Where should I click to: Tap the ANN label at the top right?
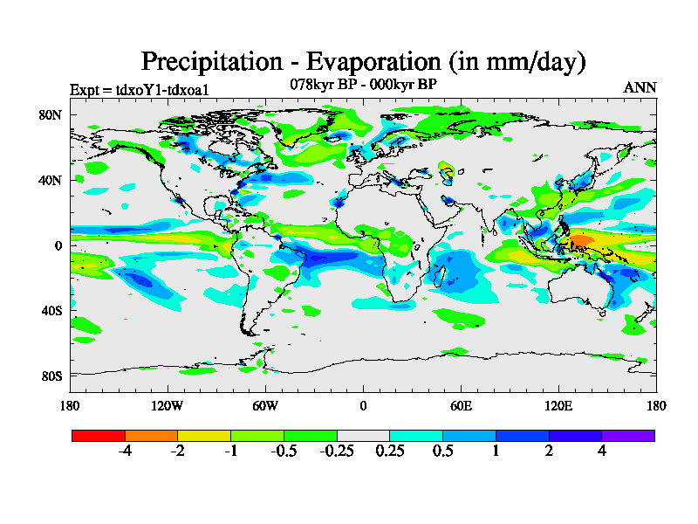tap(640, 87)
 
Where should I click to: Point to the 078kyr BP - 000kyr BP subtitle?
tap(363, 85)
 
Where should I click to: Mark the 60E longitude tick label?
tap(461, 406)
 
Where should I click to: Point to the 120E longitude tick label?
tap(558, 406)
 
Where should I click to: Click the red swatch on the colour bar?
tap(99, 435)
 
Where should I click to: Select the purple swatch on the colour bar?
tap(628, 435)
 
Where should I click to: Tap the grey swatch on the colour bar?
tap(363, 435)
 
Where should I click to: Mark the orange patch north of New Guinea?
tap(580, 241)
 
